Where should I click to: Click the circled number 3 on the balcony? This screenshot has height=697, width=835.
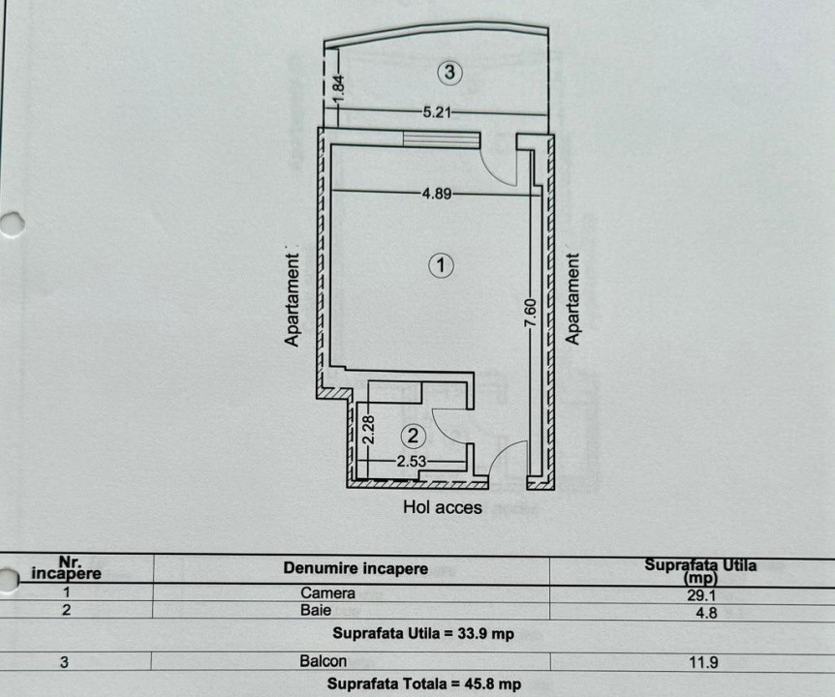click(448, 71)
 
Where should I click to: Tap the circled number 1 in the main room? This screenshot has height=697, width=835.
click(442, 264)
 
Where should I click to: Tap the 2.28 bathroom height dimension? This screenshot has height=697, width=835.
click(368, 430)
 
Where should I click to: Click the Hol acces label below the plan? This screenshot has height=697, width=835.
click(443, 506)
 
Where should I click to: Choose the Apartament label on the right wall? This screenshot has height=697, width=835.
click(573, 300)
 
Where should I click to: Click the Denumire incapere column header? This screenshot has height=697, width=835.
click(356, 569)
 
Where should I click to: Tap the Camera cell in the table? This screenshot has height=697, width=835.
click(328, 593)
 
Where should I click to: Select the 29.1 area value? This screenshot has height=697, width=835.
click(702, 597)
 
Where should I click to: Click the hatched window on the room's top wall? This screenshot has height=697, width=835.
click(442, 140)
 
